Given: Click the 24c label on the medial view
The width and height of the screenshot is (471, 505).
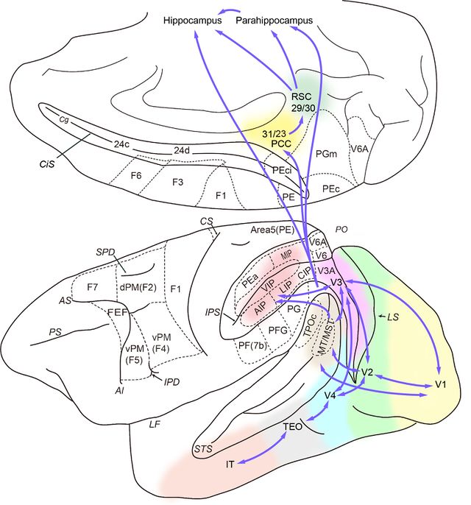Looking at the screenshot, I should tap(121, 144).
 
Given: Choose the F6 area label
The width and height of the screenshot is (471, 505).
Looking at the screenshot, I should tap(136, 177).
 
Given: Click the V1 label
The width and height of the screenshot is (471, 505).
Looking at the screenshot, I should tap(441, 385).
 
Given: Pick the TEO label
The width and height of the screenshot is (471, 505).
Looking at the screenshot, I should tap(294, 426).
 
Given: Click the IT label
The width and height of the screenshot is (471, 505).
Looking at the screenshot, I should tap(230, 464).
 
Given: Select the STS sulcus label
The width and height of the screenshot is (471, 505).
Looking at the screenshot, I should tap(204, 448).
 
